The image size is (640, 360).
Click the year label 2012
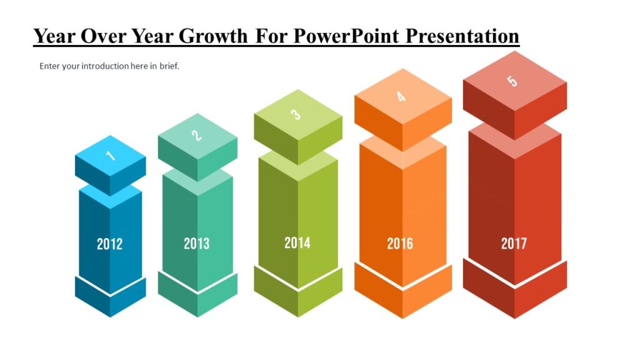[x=109, y=244]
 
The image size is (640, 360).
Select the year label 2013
[x=196, y=243]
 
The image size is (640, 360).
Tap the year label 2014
[x=297, y=242]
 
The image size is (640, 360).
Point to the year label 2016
[x=400, y=243]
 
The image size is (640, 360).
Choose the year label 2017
[x=514, y=243]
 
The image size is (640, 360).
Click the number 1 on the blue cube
[x=111, y=154]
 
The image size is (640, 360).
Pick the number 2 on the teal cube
[x=196, y=135]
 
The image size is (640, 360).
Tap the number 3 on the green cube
[x=296, y=114]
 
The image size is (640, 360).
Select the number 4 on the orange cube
[x=401, y=96]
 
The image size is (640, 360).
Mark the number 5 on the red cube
[x=512, y=81]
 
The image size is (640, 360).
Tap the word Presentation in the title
[x=462, y=36]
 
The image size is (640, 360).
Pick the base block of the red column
[x=514, y=294]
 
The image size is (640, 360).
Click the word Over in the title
[x=105, y=36]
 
